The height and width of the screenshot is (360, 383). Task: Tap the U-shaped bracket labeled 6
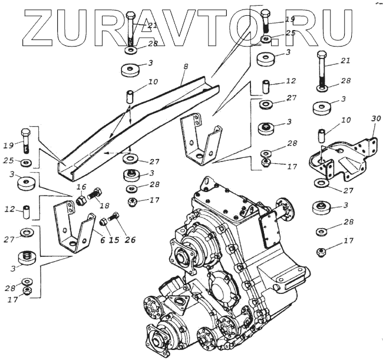click(x=74, y=227)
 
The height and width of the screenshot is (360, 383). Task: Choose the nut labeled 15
click(x=104, y=222)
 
